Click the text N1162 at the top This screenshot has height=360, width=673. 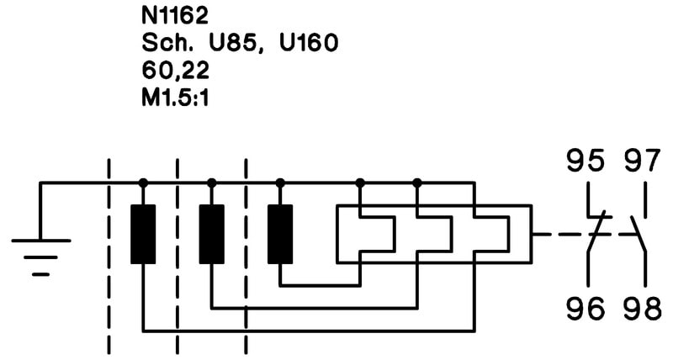[175, 15]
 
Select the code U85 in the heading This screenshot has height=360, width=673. [236, 44]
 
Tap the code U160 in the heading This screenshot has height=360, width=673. [309, 43]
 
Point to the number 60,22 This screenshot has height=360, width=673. [175, 71]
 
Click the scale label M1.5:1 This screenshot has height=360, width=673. [175, 98]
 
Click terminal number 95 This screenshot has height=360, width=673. [586, 161]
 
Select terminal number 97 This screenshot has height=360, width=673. [642, 161]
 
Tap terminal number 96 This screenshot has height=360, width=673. [586, 309]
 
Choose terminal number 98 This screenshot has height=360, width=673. [643, 309]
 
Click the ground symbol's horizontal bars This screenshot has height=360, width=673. [40, 257]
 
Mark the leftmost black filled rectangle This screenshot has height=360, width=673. [143, 235]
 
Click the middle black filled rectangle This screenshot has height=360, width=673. [212, 235]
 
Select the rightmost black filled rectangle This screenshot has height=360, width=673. [280, 235]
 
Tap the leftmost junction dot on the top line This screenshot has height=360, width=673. [143, 183]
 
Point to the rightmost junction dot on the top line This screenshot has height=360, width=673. [416, 183]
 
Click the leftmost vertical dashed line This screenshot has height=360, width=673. [109, 257]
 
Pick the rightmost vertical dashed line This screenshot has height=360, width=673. [246, 257]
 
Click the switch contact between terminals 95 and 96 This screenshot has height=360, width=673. [595, 235]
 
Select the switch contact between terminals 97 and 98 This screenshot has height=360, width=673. [638, 235]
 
